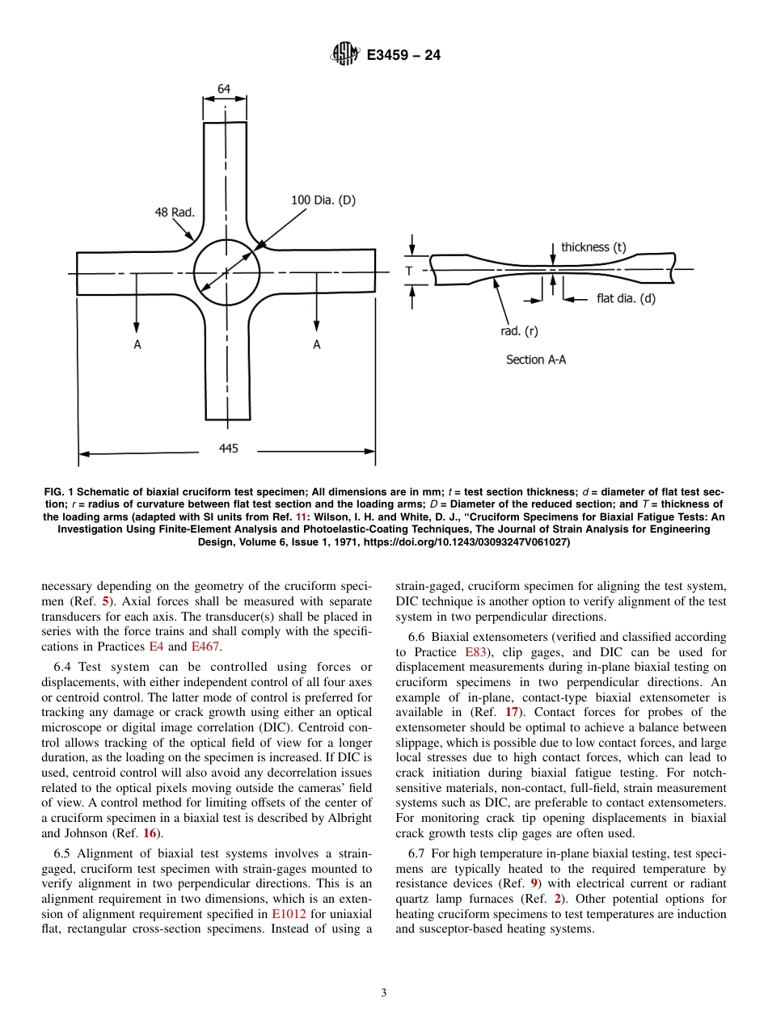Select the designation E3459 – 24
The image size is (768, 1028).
coord(403,55)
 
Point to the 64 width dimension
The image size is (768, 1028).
coord(223,89)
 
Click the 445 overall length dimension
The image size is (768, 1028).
coord(229,449)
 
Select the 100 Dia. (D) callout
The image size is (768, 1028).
coord(323,200)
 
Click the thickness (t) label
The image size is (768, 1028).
coord(593,247)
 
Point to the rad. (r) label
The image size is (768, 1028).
coord(519,331)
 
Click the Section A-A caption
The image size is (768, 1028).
coord(536,360)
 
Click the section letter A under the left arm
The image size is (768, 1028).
coord(137,345)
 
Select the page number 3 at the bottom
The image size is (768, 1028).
coord(384,993)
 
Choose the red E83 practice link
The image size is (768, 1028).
coord(475,652)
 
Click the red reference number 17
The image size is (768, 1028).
coord(512,712)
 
